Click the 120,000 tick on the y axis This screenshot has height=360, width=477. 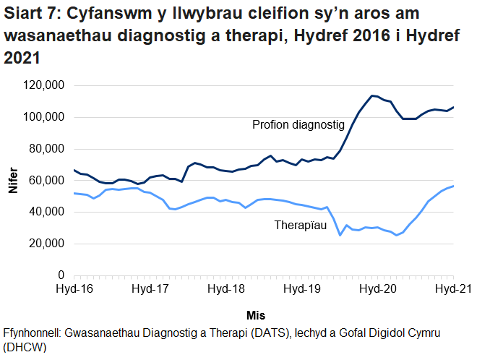click(44, 86)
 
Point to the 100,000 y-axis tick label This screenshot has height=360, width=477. click(44, 117)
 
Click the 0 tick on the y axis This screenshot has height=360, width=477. click(62, 275)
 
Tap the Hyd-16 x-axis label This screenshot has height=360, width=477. click(74, 289)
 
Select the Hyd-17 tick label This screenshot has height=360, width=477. click(150, 289)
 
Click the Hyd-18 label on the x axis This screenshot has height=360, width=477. click(226, 289)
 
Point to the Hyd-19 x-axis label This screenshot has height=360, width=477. click(302, 289)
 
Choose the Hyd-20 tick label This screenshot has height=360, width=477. click(378, 289)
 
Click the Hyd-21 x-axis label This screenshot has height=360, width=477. click(453, 289)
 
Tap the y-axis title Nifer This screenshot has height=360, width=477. click(13, 181)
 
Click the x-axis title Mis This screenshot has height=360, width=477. click(256, 315)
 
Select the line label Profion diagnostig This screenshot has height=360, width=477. click(298, 125)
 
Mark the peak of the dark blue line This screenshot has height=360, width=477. click(371, 95)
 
